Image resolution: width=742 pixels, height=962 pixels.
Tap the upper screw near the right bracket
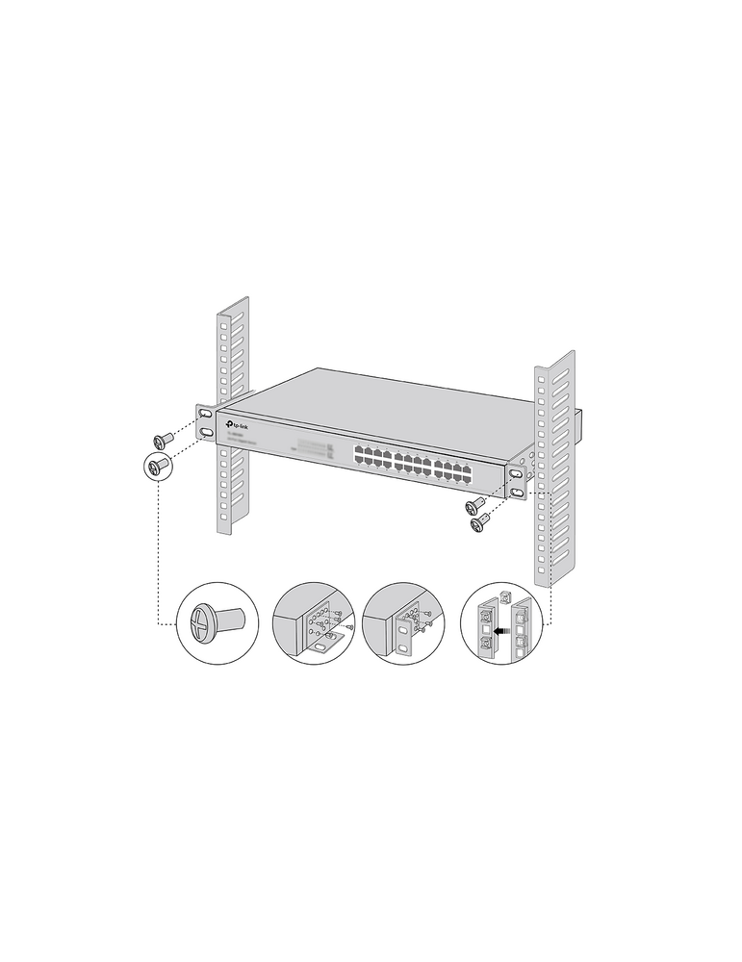click(473, 505)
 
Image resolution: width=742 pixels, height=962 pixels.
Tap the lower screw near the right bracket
click(480, 521)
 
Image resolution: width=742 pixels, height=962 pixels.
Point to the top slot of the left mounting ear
click(205, 414)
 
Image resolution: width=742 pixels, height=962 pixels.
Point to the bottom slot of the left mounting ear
click(206, 434)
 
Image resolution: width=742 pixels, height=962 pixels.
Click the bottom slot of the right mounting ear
click(518, 493)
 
